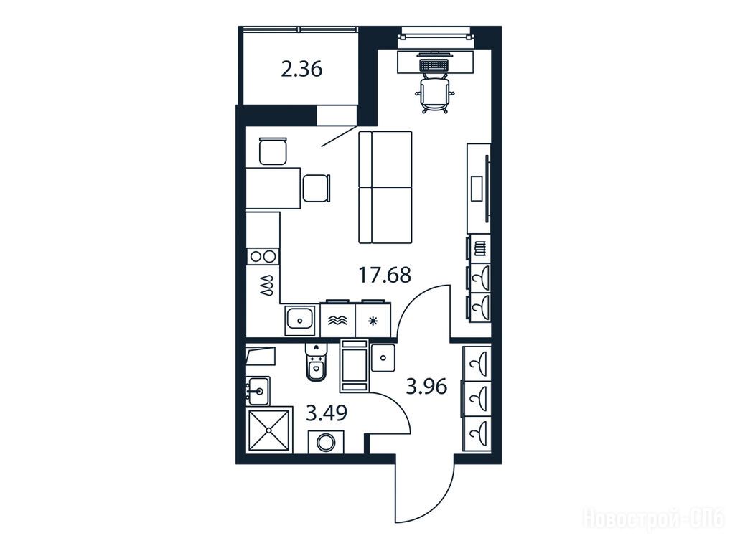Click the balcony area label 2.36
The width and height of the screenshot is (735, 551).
pos(301,70)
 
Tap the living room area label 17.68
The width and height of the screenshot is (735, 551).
pos(385,275)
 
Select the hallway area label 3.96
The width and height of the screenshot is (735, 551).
pos(426,387)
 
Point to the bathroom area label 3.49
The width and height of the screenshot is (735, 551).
pos(327,414)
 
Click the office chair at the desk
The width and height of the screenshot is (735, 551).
pos(435,94)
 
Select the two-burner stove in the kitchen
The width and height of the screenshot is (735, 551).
pos(263,256)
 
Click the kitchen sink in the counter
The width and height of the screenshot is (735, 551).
pos(299,321)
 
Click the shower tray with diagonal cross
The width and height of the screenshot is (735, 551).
pos(269,430)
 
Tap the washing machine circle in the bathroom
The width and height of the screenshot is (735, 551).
pos(325,442)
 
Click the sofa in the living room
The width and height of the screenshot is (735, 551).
pos(385,187)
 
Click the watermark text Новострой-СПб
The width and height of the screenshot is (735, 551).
pos(653,519)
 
